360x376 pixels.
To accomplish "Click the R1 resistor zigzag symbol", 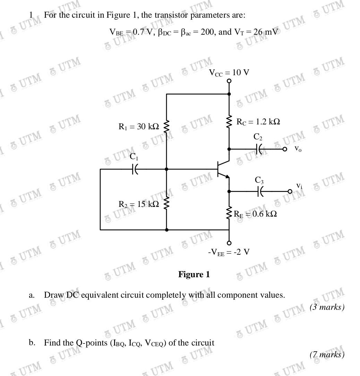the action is (166, 127).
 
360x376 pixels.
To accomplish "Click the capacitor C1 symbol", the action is (135, 169).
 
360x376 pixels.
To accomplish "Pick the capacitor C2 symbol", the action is (259, 149).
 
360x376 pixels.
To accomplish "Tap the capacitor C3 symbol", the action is (260, 191).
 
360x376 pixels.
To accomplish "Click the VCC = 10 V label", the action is (229, 73).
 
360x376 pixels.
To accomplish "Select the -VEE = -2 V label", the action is (229, 252).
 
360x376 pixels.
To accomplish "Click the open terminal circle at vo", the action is (285, 149).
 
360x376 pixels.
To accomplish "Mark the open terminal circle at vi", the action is (290, 191).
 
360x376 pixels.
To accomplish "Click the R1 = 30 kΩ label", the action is (139, 127).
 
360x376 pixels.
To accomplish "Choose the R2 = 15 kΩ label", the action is (139, 204).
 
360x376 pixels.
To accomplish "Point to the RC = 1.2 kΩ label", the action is (258, 122).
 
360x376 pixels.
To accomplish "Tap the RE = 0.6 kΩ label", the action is (255, 214).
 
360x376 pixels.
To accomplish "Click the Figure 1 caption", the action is (194, 274).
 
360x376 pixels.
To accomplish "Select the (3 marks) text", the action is (327, 307).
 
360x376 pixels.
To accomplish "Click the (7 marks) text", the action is (327, 355).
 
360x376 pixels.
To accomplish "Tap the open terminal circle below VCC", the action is (229, 81).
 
